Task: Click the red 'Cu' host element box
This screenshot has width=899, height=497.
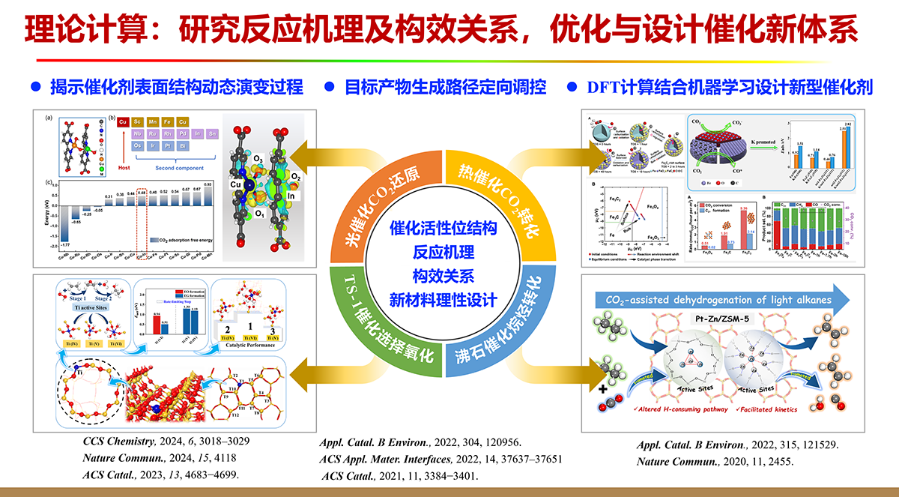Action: click(121, 122)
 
